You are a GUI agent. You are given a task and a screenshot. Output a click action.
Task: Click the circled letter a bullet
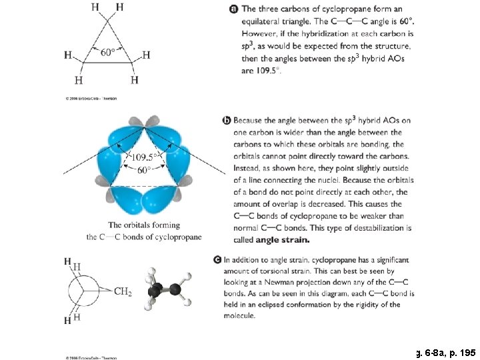coord(233,9)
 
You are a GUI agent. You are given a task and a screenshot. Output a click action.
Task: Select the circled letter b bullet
coord(227,121)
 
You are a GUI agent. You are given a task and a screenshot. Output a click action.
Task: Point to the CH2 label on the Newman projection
coord(123,291)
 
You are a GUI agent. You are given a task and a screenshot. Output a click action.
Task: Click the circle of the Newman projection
coord(87,291)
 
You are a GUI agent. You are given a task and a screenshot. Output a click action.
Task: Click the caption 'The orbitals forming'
coord(144,225)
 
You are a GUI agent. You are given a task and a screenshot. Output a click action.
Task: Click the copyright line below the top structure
coord(91,99)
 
